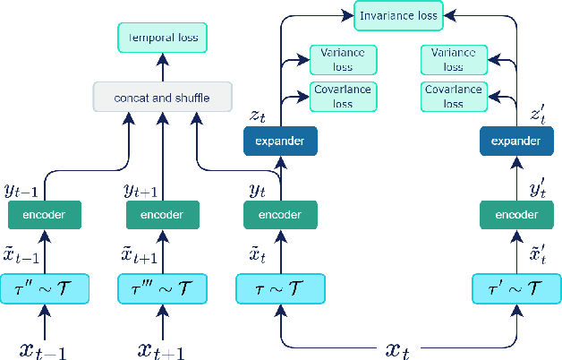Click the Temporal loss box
click(x=163, y=39)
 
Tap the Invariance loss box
click(x=397, y=14)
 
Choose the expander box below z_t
click(x=280, y=141)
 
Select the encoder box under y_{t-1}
click(x=45, y=215)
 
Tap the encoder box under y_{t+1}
click(x=163, y=215)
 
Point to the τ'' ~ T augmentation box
click(x=45, y=289)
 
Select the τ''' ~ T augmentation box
click(x=163, y=289)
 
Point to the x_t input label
click(x=397, y=347)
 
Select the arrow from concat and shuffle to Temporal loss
click(x=163, y=66)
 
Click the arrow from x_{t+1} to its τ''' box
click(x=163, y=320)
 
